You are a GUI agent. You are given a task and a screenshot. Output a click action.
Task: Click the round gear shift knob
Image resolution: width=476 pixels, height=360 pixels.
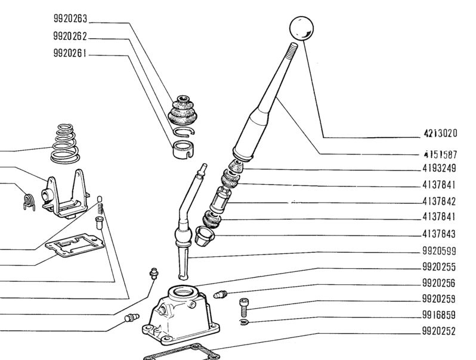click(301, 28)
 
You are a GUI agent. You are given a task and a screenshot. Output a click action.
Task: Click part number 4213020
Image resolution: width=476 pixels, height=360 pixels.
click(440, 134)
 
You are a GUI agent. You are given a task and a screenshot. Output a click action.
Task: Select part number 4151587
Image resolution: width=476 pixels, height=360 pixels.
click(440, 154)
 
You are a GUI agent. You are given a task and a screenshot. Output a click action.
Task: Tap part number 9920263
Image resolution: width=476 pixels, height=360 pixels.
click(70, 19)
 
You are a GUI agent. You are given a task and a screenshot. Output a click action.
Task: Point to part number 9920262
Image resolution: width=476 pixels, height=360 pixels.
click(70, 36)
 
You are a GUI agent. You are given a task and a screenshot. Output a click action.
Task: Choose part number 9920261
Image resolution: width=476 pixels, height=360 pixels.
click(70, 54)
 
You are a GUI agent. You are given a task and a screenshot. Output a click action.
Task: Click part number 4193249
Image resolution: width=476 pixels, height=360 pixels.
click(439, 168)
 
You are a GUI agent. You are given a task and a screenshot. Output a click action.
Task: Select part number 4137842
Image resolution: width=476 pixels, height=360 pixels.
click(439, 201)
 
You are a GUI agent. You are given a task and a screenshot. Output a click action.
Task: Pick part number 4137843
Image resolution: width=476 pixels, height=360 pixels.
click(439, 234)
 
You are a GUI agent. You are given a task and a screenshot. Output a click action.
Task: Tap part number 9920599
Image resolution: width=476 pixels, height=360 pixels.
click(439, 251)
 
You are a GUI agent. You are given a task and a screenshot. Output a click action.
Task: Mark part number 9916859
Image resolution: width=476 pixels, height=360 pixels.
click(439, 315)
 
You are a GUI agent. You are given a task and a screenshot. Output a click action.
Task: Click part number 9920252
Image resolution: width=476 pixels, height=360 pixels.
click(439, 331)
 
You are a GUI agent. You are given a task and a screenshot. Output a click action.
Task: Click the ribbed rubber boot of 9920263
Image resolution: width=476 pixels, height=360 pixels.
click(183, 110)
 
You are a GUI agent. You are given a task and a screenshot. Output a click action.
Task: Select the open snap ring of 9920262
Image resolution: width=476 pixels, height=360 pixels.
click(184, 132)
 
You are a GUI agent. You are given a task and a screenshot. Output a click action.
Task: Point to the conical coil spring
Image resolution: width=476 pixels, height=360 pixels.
click(65, 144)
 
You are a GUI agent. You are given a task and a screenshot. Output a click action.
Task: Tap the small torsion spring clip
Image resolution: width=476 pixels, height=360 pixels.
click(29, 202)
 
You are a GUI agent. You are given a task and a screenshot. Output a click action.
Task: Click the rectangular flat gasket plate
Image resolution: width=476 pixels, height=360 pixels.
click(75, 245)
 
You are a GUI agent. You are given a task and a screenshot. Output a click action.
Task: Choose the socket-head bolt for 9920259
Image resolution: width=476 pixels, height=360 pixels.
click(244, 307)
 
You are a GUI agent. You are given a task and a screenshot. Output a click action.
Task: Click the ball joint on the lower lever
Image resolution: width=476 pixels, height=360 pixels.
click(183, 236)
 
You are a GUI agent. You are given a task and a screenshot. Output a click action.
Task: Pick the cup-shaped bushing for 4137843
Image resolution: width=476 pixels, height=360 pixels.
click(205, 235)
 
